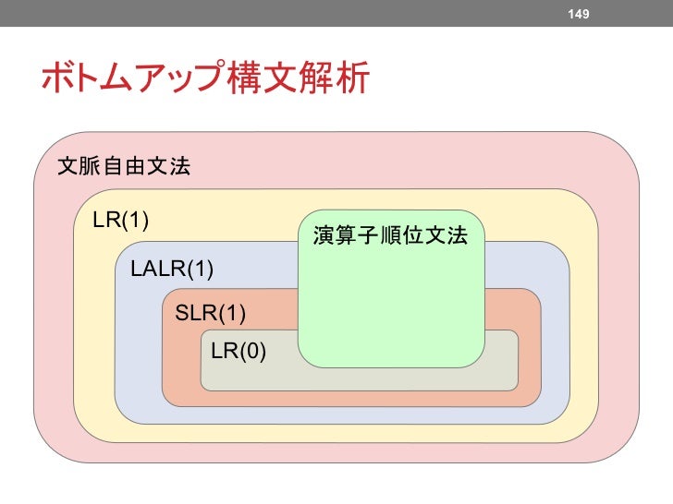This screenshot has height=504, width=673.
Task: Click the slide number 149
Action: (579, 14)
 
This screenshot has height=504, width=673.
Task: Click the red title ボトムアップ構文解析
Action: (203, 78)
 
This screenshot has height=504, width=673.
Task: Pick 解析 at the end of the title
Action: (336, 78)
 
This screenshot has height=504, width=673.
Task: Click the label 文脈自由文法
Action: (123, 167)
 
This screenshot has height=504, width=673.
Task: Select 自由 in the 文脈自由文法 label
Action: (123, 167)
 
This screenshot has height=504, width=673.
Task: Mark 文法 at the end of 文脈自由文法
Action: (167, 167)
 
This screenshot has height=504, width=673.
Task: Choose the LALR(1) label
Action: (172, 270)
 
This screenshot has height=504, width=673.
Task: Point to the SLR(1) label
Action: (211, 313)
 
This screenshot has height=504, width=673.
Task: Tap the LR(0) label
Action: (239, 352)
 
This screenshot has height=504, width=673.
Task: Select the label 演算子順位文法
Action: (390, 236)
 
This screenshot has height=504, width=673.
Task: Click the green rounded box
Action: (390, 305)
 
